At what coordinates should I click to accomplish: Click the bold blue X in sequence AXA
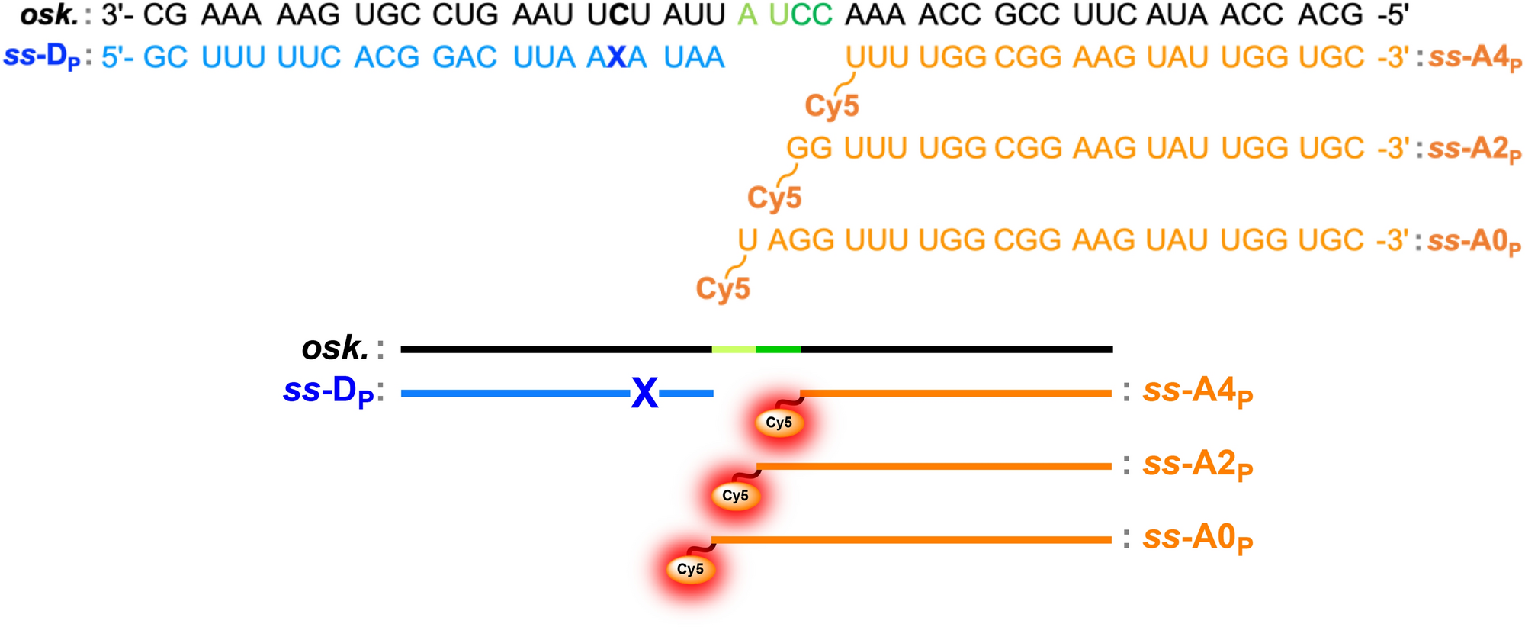coord(617,57)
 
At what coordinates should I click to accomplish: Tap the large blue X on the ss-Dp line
coord(644,394)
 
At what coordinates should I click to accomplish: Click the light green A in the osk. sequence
coord(747,14)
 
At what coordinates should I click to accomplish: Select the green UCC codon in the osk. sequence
coord(801,14)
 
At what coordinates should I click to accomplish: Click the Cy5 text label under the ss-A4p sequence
coord(832,106)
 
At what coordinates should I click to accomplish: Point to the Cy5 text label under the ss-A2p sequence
coord(774,198)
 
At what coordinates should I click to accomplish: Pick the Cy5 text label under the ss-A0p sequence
coord(723,289)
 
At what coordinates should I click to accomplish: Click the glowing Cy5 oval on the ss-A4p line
coord(779,423)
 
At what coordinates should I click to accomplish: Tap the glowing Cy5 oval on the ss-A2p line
coord(735,496)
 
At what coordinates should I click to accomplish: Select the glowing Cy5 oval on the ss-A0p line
coord(690,569)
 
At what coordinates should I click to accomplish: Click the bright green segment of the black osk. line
coord(778,349)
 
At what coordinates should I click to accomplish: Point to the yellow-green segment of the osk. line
coord(734,349)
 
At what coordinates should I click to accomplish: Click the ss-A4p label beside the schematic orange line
coord(1197,392)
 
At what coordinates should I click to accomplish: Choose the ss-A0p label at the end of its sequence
coord(1473,243)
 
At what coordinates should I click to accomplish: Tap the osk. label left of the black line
coord(335,349)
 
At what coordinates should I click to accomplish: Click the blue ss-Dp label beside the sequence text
coord(42,58)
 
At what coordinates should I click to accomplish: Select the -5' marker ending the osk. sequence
coord(1392,14)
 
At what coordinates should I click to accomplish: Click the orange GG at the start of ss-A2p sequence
coord(809,148)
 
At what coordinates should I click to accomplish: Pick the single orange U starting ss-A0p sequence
coord(747,240)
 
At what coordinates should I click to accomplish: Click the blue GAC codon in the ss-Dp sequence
coord(464,57)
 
